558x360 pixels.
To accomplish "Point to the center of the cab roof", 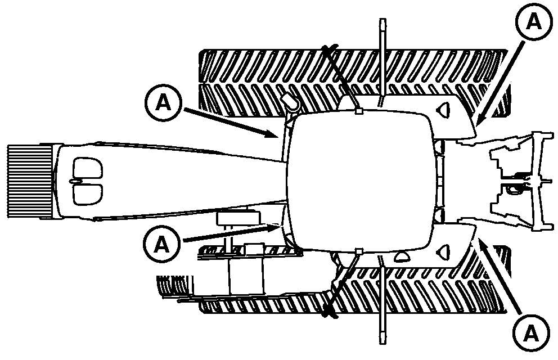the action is pos(360,180).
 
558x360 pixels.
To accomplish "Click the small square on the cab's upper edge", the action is pos(358,111).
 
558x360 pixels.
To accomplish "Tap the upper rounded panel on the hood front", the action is pos(88,168).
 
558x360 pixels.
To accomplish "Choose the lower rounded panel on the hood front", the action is pos(88,192).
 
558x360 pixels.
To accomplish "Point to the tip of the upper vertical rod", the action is pos(382,22).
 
